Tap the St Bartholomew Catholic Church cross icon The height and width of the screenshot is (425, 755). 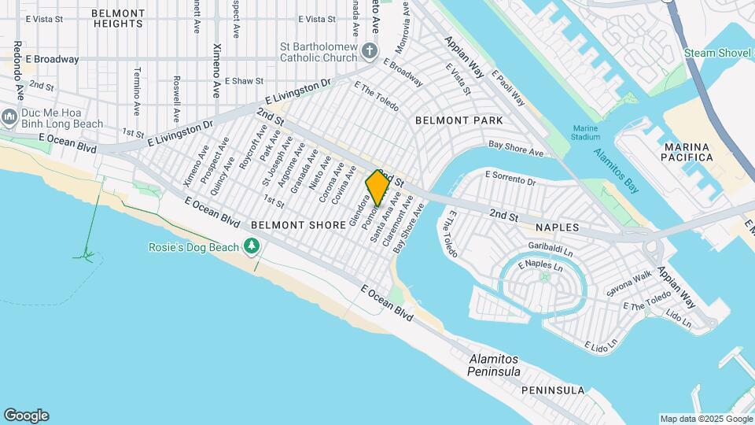pos(370,53)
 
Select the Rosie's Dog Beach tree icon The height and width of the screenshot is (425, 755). pos(252,247)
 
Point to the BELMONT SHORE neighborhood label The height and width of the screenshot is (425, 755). pos(298,225)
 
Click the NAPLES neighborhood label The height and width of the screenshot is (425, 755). pos(557,227)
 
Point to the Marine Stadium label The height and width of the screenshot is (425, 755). pos(586,133)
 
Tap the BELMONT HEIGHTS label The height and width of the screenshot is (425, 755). pos(118,19)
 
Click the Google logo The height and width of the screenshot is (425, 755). pos(26,416)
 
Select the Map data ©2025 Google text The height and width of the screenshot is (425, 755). pos(705,419)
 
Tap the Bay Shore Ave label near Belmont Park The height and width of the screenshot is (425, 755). pos(516,148)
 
